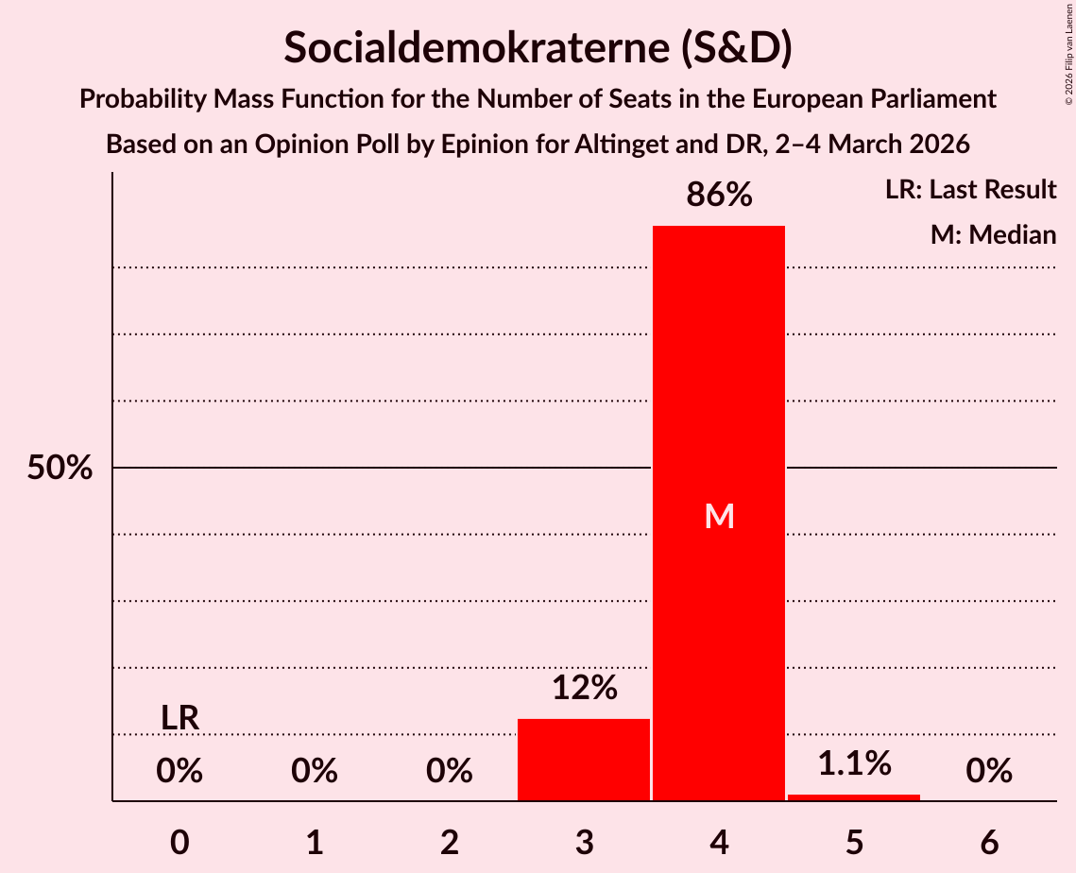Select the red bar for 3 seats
tap(584, 760)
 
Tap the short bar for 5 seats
tap(854, 797)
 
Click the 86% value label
tap(719, 196)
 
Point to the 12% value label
tap(584, 688)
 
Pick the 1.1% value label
tap(854, 763)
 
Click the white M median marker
tap(719, 516)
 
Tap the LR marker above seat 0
tap(179, 718)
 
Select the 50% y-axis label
tap(60, 469)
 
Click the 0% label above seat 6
tap(989, 772)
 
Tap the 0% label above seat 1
tap(315, 772)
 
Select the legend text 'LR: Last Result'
tap(970, 190)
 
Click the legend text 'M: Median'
tap(993, 234)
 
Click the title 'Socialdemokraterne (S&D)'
tap(538, 47)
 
